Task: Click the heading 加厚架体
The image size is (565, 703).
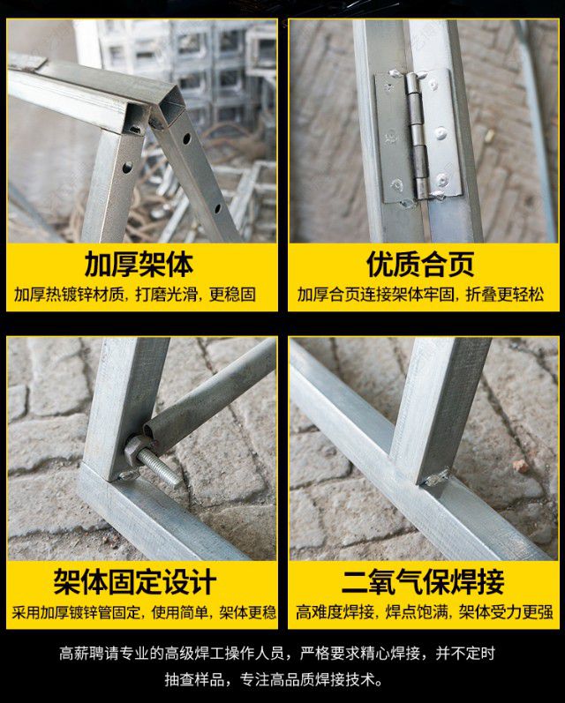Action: [139, 265]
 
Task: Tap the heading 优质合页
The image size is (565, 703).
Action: [420, 265]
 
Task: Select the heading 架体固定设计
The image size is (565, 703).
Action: [135, 582]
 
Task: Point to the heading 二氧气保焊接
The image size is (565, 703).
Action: [423, 582]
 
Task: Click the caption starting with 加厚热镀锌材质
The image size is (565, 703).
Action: [135, 295]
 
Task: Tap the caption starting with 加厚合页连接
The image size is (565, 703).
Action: [420, 295]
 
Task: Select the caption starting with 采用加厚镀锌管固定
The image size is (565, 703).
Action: [144, 612]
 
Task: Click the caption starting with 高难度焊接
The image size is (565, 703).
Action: [424, 612]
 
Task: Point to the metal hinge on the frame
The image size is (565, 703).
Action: [418, 136]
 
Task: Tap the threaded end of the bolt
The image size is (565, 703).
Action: [159, 468]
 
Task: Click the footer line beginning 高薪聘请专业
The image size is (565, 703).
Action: [277, 654]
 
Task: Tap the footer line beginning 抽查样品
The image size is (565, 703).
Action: [275, 680]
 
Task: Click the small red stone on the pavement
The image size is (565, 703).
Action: [521, 467]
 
